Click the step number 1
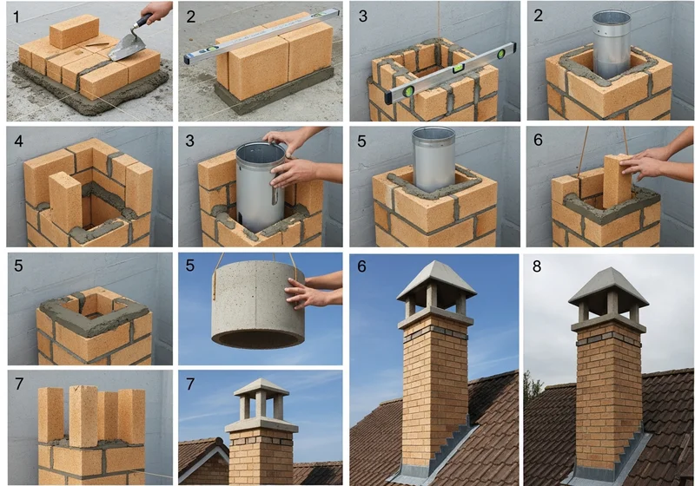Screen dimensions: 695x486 (x=17, y=17)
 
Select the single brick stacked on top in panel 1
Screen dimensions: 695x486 (x=74, y=31)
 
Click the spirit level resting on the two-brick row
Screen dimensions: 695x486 (x=261, y=36)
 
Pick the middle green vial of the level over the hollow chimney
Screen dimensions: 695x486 (x=457, y=69)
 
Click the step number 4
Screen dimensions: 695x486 (x=18, y=141)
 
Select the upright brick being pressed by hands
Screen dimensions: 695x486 (x=618, y=181)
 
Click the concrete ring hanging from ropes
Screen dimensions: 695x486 (x=258, y=305)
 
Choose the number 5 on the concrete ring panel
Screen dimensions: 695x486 (x=190, y=266)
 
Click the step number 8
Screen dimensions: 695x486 (x=537, y=266)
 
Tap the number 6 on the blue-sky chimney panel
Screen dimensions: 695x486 (x=361, y=266)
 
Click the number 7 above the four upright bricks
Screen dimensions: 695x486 (x=18, y=384)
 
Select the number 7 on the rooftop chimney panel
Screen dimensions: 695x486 (x=190, y=384)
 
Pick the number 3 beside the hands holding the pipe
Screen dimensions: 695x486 (x=189, y=141)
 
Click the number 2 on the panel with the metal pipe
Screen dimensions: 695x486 (x=538, y=16)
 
